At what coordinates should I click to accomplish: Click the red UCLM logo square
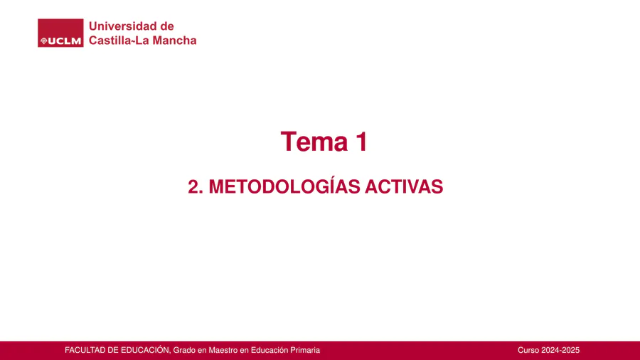(60, 33)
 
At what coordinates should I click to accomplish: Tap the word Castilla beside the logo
(110, 41)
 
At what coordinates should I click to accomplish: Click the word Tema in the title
(314, 142)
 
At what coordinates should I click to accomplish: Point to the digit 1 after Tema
(362, 142)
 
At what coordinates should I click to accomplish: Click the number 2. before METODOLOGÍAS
(196, 186)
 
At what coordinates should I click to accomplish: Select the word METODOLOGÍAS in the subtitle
(284, 186)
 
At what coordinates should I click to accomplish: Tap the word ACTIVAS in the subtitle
(404, 186)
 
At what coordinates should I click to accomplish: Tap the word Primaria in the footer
(305, 350)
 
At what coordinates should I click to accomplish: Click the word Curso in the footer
(528, 350)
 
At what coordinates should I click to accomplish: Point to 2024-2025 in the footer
(560, 350)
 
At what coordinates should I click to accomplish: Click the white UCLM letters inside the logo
(65, 41)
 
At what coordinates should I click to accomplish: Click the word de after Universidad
(167, 26)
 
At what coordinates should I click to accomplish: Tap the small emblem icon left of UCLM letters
(43, 41)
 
